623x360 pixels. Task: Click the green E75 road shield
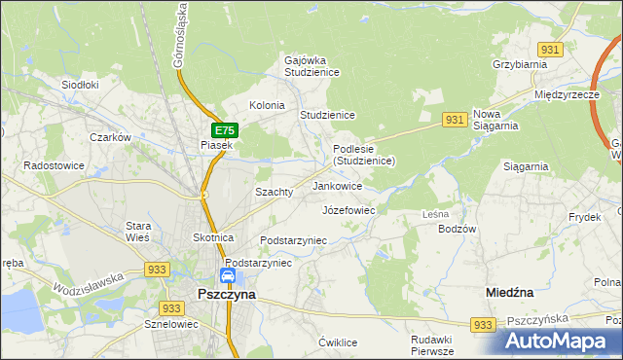224,129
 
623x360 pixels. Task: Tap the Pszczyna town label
226,293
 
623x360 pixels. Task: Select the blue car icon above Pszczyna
227,276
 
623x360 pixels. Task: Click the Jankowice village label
338,185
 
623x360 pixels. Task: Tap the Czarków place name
110,137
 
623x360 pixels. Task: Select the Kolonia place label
268,105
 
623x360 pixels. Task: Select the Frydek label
586,217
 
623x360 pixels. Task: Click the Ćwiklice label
339,342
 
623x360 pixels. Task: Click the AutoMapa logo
559,341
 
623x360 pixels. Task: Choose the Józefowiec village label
348,209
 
